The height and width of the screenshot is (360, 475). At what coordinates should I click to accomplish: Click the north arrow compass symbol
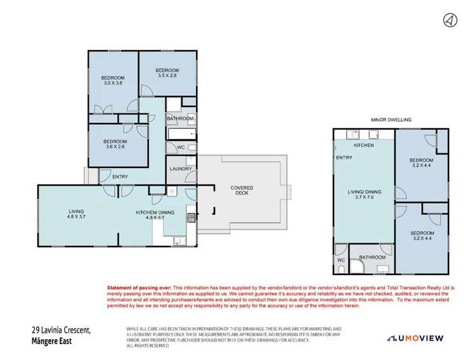[x=448, y=20]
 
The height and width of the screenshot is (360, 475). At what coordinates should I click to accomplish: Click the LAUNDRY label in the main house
[x=179, y=169]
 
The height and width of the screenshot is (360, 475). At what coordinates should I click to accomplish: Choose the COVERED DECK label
[x=228, y=191]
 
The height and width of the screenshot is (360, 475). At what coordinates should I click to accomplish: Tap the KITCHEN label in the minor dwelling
[x=363, y=145]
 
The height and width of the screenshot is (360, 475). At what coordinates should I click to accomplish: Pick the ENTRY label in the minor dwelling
[x=344, y=158]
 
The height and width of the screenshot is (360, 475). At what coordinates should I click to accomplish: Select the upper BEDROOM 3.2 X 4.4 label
[x=421, y=163]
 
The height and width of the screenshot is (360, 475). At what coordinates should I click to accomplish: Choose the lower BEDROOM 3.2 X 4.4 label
[x=421, y=236]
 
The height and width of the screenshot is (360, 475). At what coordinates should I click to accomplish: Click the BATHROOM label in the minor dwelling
[x=372, y=257]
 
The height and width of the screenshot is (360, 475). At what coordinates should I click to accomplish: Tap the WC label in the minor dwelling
[x=341, y=260]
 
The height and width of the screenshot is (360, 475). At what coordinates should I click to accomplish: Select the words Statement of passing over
[x=139, y=287]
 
